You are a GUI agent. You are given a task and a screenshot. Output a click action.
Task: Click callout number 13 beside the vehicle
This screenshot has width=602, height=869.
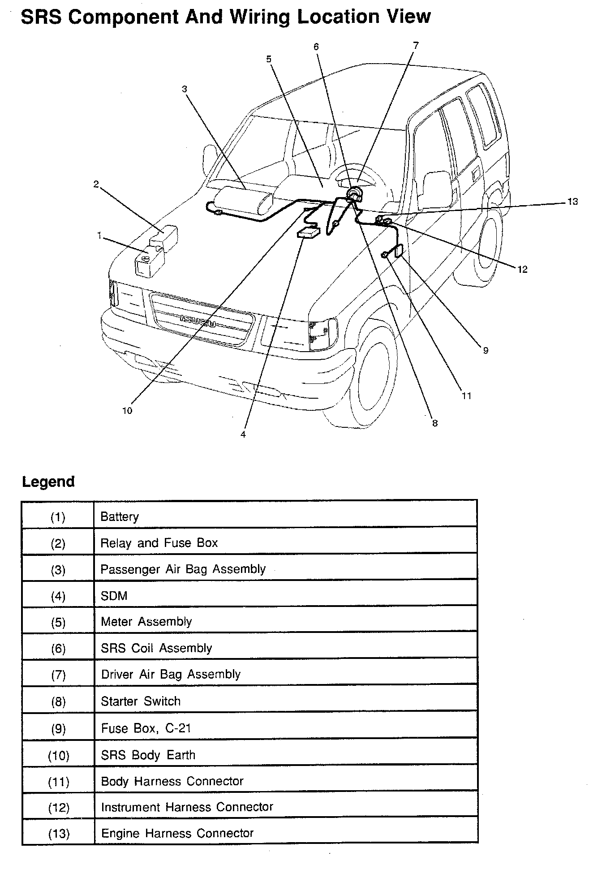(572, 202)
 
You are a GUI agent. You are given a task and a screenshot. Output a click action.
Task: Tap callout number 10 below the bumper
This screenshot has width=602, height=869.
(127, 410)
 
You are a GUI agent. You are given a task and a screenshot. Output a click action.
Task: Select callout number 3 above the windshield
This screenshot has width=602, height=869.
(185, 89)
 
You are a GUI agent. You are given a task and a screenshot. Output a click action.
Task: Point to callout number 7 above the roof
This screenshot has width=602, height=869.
(416, 45)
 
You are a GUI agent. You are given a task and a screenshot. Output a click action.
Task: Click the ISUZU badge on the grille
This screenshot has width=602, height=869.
(198, 321)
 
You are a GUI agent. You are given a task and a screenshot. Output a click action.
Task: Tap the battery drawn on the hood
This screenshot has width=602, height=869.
(149, 262)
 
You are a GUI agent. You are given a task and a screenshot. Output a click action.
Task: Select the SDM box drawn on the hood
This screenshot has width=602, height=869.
(309, 233)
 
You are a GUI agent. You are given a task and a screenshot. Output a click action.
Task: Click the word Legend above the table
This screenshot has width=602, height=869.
(48, 482)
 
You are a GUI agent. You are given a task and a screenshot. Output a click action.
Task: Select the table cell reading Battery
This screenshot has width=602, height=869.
(120, 516)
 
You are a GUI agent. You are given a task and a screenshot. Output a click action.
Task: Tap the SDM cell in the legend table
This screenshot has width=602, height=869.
(114, 596)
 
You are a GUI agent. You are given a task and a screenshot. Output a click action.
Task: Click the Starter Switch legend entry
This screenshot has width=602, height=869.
(141, 701)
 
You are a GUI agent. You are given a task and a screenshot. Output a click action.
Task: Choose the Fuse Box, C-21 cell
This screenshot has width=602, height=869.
(146, 728)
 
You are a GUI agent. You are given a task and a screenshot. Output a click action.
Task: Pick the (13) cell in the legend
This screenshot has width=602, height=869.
(58, 833)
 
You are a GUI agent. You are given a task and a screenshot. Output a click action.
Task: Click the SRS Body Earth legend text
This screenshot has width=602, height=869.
(148, 755)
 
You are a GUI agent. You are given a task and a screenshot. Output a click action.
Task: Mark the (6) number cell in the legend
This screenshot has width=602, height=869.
(58, 649)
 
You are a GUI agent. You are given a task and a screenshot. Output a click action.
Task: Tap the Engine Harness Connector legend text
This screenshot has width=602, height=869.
(177, 833)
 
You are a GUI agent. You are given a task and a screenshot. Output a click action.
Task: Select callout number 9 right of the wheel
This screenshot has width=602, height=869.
(486, 351)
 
